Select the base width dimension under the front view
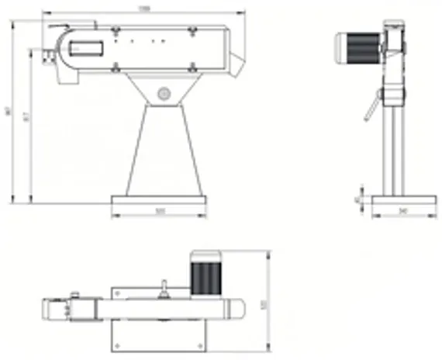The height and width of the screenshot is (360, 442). coord(160,210)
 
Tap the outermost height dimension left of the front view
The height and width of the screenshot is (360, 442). coord(8,112)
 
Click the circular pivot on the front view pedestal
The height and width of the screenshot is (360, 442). coord(163,94)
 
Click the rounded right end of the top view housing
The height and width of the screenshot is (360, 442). coord(237,309)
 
